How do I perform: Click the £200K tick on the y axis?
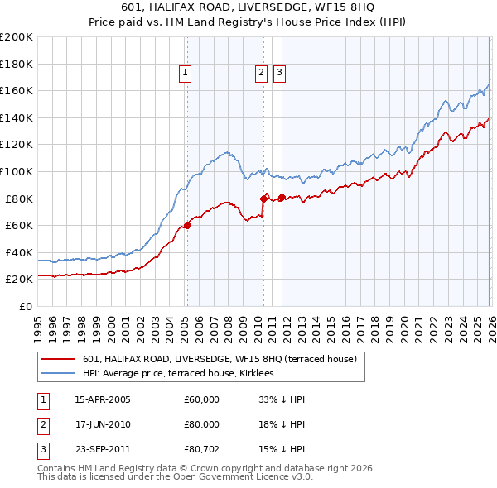coord(17,36)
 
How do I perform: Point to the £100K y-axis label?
coord(17,171)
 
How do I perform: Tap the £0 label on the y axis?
coord(25,306)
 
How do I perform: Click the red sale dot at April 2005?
coord(187,225)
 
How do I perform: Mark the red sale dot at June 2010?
coord(263,199)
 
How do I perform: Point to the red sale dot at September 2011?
coord(282,197)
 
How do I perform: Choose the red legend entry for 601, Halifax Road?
coord(220,359)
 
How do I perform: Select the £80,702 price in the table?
coord(202,449)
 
